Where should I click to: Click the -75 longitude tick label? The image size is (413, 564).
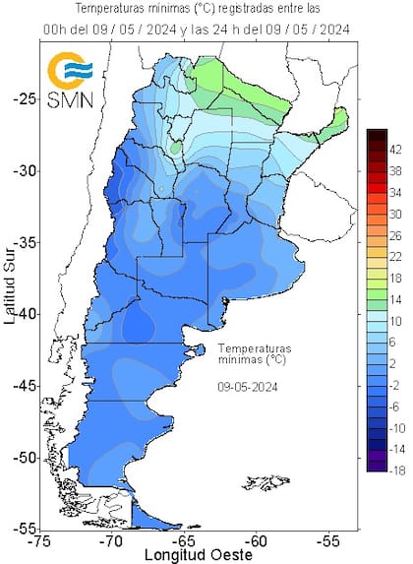pyautogui.click(x=39, y=540)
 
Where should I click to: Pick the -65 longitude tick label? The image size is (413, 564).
pyautogui.click(x=184, y=540)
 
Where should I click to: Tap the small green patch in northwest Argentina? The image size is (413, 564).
pyautogui.click(x=175, y=148)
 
